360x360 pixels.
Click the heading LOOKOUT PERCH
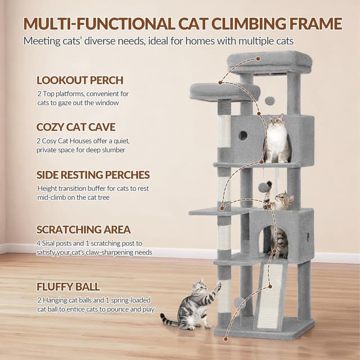80,80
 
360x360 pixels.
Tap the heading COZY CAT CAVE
76,127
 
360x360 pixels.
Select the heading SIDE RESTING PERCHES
93,175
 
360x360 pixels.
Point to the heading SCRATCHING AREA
84,229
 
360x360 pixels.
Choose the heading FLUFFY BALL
68,287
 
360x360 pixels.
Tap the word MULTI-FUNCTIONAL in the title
99,24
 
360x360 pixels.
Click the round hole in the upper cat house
243,136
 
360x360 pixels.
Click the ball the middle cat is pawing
263,187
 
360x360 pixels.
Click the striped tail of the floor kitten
169,320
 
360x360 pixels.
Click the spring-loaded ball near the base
240,303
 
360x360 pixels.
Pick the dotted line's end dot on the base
226,339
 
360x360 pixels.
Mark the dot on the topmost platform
258,58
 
